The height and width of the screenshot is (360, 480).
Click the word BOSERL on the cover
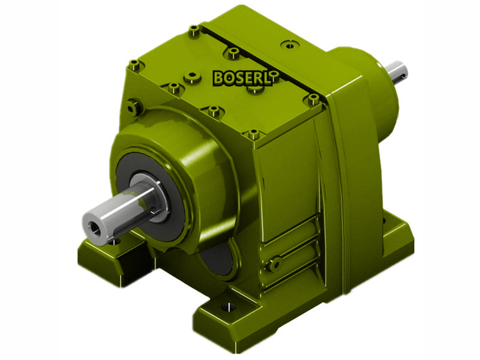click(242, 78)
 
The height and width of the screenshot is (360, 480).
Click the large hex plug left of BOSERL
click(191, 76)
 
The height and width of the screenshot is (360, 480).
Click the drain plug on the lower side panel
click(275, 262)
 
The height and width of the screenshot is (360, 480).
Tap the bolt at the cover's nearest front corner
click(254, 134)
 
